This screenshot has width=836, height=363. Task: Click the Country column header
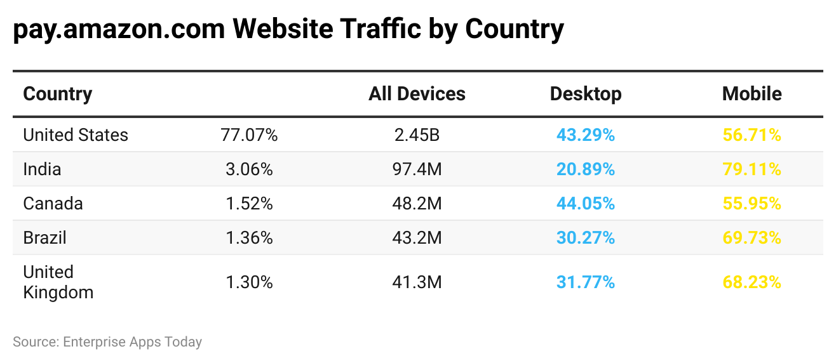pyautogui.click(x=57, y=94)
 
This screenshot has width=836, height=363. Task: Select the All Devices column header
pyautogui.click(x=417, y=94)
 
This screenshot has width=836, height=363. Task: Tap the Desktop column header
pyautogui.click(x=585, y=94)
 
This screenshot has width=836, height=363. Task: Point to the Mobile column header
pyautogui.click(x=752, y=94)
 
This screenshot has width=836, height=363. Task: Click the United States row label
pyautogui.click(x=76, y=135)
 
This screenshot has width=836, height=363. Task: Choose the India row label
pyautogui.click(x=42, y=169)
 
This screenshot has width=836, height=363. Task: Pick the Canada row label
pyautogui.click(x=53, y=204)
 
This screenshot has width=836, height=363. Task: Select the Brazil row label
pyautogui.click(x=44, y=238)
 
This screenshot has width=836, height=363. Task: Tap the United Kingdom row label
pyautogui.click(x=58, y=282)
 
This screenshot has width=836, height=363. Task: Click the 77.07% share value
pyautogui.click(x=249, y=135)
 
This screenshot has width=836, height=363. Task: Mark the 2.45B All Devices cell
pyautogui.click(x=417, y=135)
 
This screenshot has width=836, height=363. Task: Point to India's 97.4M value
pyautogui.click(x=417, y=169)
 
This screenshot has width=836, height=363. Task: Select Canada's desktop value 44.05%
pyautogui.click(x=585, y=204)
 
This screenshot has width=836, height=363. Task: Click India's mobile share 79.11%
pyautogui.click(x=752, y=169)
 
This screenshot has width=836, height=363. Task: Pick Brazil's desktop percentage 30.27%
pyautogui.click(x=585, y=238)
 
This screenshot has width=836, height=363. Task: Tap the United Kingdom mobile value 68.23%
pyautogui.click(x=752, y=282)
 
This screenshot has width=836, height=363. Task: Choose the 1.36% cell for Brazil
pyautogui.click(x=249, y=238)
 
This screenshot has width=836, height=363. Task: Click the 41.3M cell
pyautogui.click(x=417, y=282)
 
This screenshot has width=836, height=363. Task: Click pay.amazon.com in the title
pyautogui.click(x=119, y=29)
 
